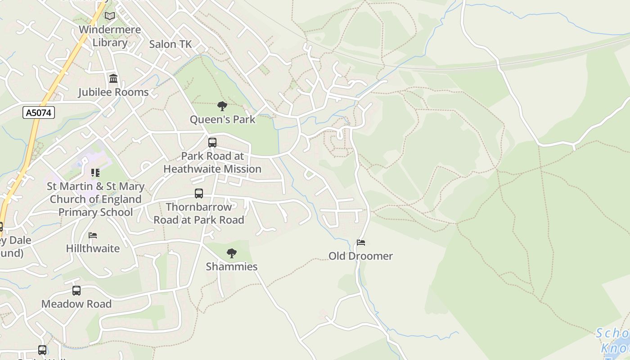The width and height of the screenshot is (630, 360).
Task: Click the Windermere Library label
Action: pos(110,36)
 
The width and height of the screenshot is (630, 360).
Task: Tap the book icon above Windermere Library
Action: pos(110,16)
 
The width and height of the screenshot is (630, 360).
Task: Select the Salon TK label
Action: pos(170,44)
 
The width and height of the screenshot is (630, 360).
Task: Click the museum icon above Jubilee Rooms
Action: pos(113,79)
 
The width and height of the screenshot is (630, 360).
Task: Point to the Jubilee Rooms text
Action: pos(113,92)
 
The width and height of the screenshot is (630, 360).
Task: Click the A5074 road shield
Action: pos(39,112)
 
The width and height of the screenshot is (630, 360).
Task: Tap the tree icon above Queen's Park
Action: pos(222,106)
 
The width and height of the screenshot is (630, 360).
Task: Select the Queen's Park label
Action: pos(222,120)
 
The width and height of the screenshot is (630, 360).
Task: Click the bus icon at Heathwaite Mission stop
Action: pos(212,143)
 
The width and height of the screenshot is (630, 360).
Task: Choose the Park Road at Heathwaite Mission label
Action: pos(212,162)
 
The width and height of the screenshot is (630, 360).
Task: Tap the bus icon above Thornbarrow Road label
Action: pos(199,193)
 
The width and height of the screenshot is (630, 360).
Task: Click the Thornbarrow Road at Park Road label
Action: pos(199,213)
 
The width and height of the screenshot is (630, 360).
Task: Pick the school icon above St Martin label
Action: pos(95,173)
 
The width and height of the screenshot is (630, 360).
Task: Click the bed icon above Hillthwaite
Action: pos(93,235)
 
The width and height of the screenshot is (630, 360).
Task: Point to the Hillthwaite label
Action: pos(93,248)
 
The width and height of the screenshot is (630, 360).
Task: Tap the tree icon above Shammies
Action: pos(232,253)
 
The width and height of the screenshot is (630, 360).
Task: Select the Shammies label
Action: pos(232,267)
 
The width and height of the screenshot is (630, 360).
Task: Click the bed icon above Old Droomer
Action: pos(361,243)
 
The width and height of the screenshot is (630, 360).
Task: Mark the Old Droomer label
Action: pos(361,256)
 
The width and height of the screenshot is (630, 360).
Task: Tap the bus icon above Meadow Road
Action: pos(76,291)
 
